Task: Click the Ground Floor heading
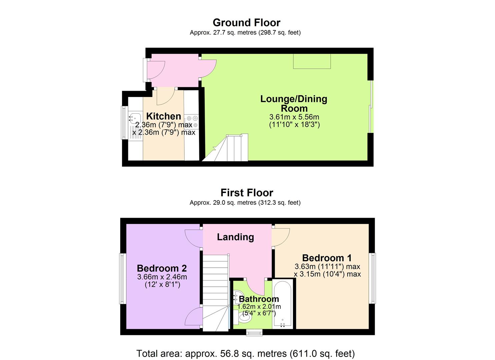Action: tap(246, 23)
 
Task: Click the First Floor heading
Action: tap(247, 193)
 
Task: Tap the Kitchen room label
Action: tap(164, 116)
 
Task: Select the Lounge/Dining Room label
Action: tap(294, 103)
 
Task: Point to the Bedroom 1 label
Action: tap(327, 258)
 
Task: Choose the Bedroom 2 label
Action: tap(162, 268)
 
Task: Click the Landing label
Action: tap(235, 237)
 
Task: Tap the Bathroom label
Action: tap(259, 299)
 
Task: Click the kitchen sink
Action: tap(135, 117)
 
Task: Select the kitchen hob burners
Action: tap(192, 121)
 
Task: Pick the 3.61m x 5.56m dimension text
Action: tap(294, 117)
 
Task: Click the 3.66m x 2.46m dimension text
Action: tap(162, 277)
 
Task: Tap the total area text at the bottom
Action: tap(245, 353)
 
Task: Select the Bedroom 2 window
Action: tap(122, 279)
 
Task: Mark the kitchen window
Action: tap(124, 122)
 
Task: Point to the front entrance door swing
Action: tap(155, 70)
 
